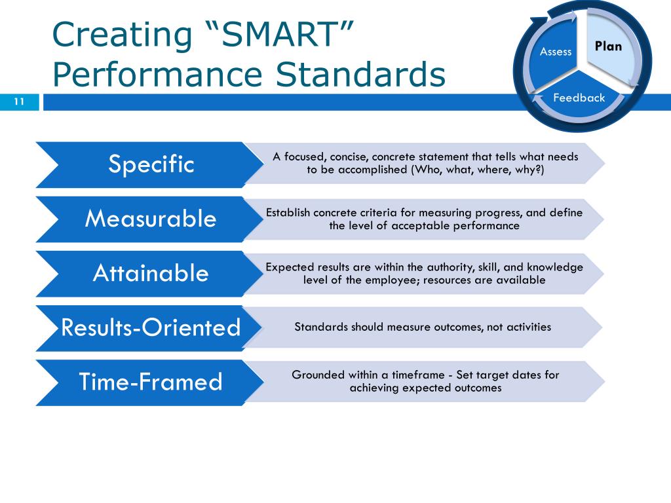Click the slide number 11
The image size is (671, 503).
(x=18, y=102)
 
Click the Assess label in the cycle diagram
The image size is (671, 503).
(x=555, y=52)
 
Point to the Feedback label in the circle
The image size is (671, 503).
(x=579, y=98)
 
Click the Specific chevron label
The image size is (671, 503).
(x=151, y=164)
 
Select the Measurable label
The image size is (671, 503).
(x=151, y=218)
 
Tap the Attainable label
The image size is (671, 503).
(x=151, y=272)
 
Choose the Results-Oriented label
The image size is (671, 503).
(x=151, y=327)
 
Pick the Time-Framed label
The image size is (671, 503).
(x=151, y=381)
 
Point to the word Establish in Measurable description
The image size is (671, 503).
(x=288, y=212)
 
